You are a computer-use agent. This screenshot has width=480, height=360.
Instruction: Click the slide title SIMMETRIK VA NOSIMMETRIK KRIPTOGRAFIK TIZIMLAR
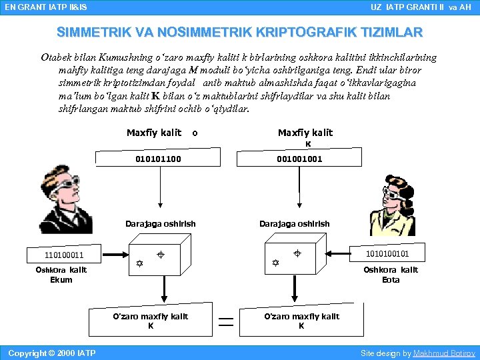(x=239, y=33)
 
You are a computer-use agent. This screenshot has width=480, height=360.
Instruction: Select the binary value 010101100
(x=158, y=159)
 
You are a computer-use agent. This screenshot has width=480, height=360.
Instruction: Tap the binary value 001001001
(x=299, y=159)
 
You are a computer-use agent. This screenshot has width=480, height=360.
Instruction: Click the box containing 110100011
(x=64, y=255)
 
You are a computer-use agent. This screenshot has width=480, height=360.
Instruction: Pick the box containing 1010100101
(x=386, y=254)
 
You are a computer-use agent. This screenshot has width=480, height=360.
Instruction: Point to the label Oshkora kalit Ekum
(x=61, y=275)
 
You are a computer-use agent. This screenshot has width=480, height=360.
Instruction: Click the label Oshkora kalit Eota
(x=391, y=275)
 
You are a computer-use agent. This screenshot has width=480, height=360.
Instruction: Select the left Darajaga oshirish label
(x=161, y=223)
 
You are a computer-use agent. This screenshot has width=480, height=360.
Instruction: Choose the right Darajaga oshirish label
(x=294, y=223)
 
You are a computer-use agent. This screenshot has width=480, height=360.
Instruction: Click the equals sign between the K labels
(x=227, y=323)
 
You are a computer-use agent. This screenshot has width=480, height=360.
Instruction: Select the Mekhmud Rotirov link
(x=444, y=353)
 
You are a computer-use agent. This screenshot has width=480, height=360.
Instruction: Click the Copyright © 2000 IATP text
(x=52, y=353)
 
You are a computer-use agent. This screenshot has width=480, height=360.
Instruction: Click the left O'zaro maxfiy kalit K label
(x=151, y=321)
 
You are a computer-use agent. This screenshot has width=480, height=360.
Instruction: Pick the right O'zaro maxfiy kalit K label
(x=301, y=321)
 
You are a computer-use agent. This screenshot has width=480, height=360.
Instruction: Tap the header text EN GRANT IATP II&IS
(x=45, y=7)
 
